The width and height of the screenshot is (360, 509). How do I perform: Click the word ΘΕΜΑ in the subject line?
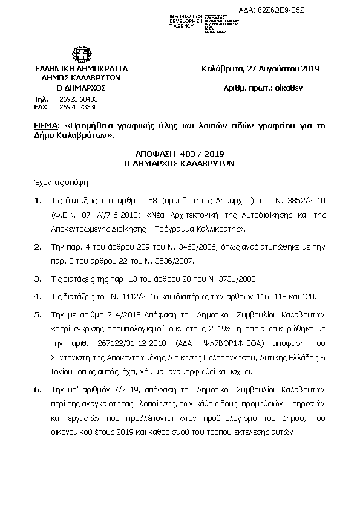(46, 126)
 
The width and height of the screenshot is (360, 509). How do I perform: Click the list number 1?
(38, 200)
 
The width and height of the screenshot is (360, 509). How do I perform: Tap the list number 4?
(38, 296)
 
